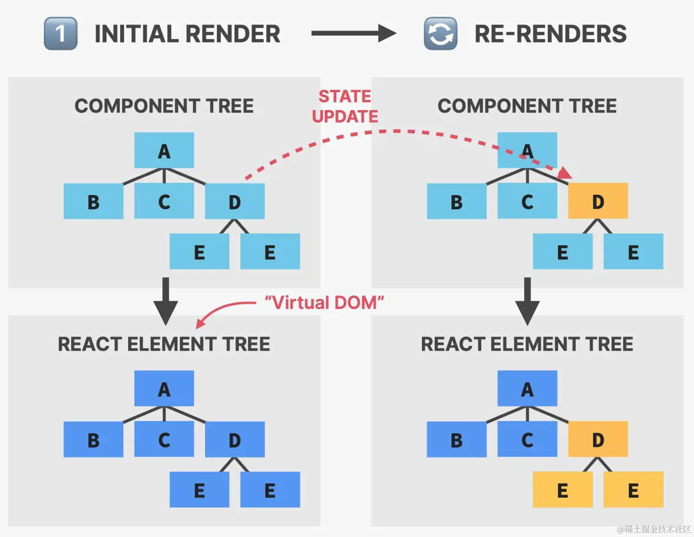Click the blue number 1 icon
pyautogui.click(x=61, y=34)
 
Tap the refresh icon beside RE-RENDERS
pyautogui.click(x=440, y=34)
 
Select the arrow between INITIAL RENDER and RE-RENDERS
pyautogui.click(x=353, y=33)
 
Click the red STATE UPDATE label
pyautogui.click(x=345, y=106)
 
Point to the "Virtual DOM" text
pyautogui.click(x=324, y=303)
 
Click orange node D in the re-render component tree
pyautogui.click(x=598, y=201)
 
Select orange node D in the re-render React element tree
pyautogui.click(x=598, y=439)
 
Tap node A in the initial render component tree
pyautogui.click(x=164, y=151)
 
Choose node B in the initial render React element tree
pyautogui.click(x=93, y=440)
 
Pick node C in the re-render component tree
pyautogui.click(x=527, y=201)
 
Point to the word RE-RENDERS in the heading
pyautogui.click(x=551, y=34)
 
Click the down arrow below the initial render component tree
pyautogui.click(x=166, y=301)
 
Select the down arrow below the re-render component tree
pyautogui.click(x=527, y=301)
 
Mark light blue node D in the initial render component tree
pyautogui.click(x=235, y=202)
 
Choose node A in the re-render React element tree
pyautogui.click(x=527, y=389)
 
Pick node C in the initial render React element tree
pyautogui.click(x=164, y=439)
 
